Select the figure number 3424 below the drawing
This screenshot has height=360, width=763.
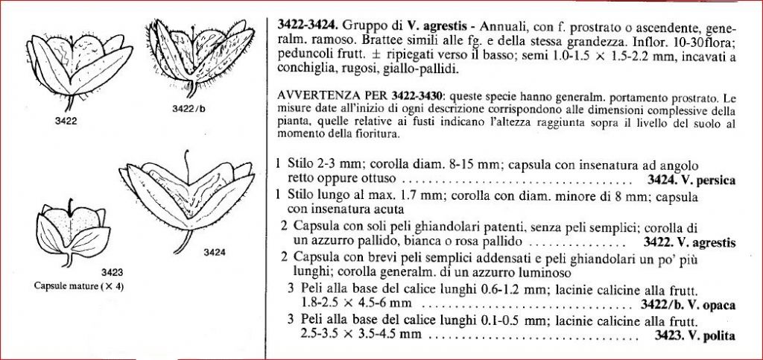214,252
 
